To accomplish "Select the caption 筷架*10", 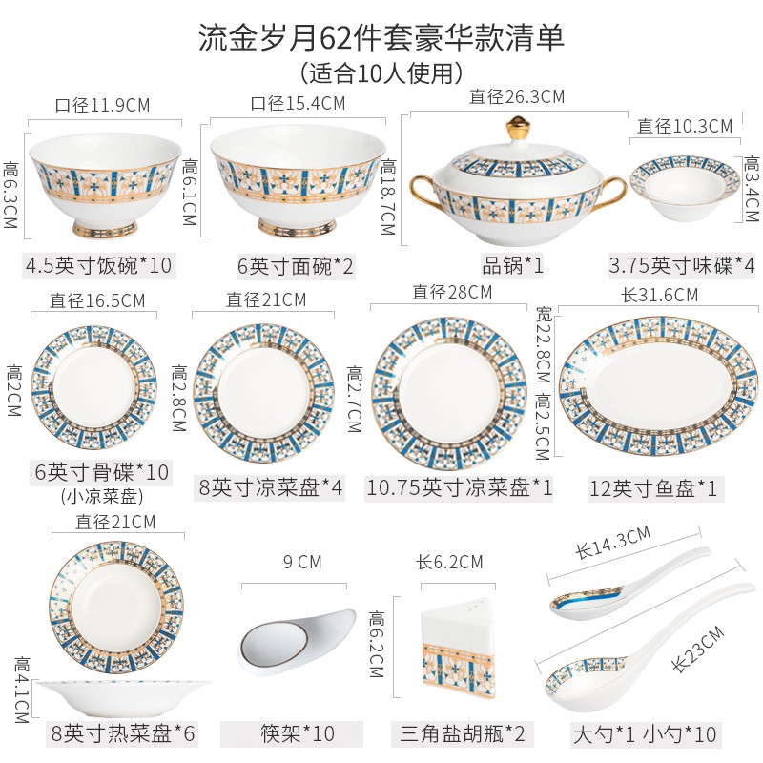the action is coord(298,733).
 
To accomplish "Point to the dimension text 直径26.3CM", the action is coord(517,96).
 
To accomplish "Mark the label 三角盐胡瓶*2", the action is coord(463,733).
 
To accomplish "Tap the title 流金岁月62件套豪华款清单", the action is coord(381,36).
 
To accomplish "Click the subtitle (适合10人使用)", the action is coord(381,72).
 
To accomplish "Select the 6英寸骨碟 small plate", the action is coord(95,390).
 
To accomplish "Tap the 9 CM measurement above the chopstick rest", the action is coord(298,562).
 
